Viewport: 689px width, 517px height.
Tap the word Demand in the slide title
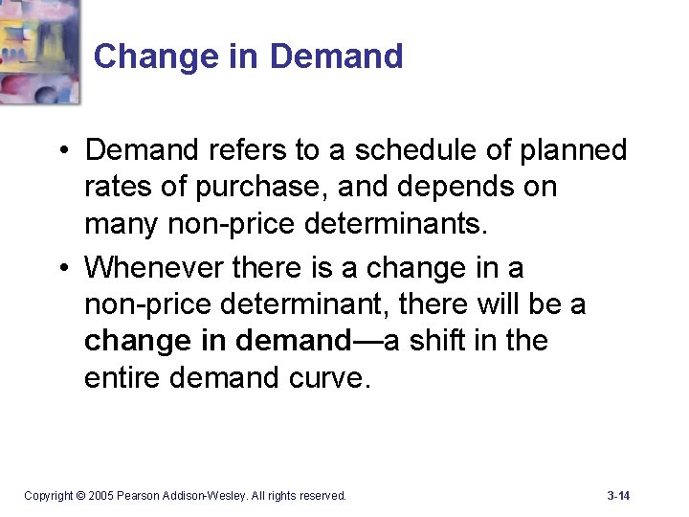tap(336, 56)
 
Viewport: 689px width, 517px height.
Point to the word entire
tap(122, 378)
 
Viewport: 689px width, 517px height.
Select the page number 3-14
tap(618, 495)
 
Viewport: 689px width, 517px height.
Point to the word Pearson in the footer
tap(145, 496)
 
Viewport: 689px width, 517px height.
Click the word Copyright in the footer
tap(48, 496)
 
